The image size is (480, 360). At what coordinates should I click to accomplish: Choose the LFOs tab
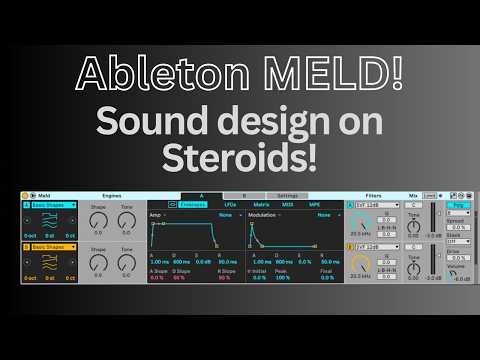(231, 204)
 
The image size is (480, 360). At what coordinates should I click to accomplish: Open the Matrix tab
(260, 204)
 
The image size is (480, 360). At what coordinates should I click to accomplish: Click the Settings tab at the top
(287, 195)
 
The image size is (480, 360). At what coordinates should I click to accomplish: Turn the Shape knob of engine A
(98, 222)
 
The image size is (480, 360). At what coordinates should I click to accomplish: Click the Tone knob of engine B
(125, 263)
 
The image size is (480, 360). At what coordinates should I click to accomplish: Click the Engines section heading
(112, 195)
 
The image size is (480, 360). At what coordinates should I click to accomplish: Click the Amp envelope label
(155, 214)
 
